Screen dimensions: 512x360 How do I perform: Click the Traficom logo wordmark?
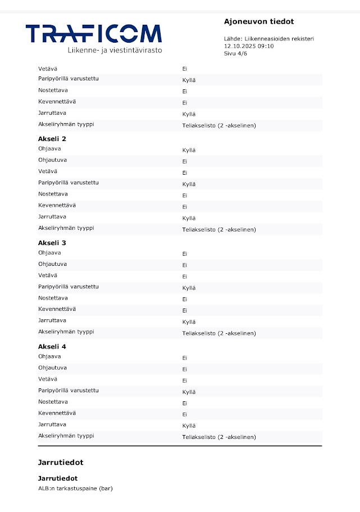click(93, 34)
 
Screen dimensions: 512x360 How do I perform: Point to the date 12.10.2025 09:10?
click(248, 46)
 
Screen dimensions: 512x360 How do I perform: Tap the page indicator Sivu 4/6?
click(235, 53)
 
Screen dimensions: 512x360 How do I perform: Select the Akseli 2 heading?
click(52, 139)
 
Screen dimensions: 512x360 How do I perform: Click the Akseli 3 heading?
click(52, 243)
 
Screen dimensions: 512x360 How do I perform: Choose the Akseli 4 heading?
click(52, 347)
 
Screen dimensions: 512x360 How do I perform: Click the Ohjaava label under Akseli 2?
click(49, 149)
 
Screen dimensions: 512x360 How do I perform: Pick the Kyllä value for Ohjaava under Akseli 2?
click(189, 150)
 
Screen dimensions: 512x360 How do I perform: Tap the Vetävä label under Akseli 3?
click(48, 275)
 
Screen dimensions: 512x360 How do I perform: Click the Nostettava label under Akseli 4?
click(53, 402)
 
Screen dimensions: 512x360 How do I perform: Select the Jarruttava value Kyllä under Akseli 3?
click(189, 322)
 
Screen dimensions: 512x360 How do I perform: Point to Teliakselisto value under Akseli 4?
click(219, 437)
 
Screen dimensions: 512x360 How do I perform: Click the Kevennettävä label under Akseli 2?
click(57, 205)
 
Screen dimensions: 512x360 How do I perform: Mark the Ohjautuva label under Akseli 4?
click(53, 368)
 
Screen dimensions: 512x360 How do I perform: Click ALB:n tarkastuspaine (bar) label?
click(75, 488)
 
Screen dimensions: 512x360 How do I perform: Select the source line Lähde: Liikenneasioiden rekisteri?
click(268, 39)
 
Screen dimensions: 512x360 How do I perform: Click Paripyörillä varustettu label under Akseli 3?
click(69, 287)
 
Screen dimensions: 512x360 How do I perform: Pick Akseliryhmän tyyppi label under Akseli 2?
click(66, 228)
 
